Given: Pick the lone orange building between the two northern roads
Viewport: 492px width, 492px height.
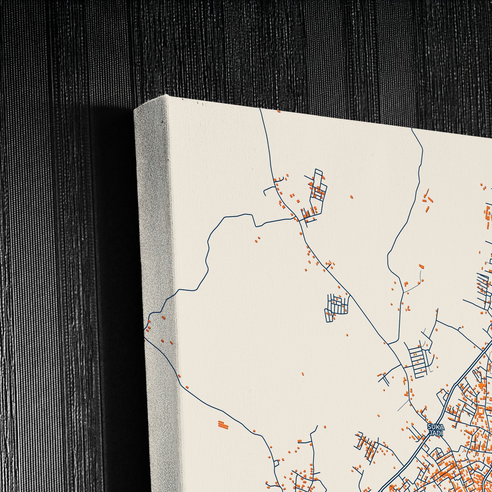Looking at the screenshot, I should (352, 196).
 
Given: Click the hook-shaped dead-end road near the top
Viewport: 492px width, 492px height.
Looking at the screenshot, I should (267, 191).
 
